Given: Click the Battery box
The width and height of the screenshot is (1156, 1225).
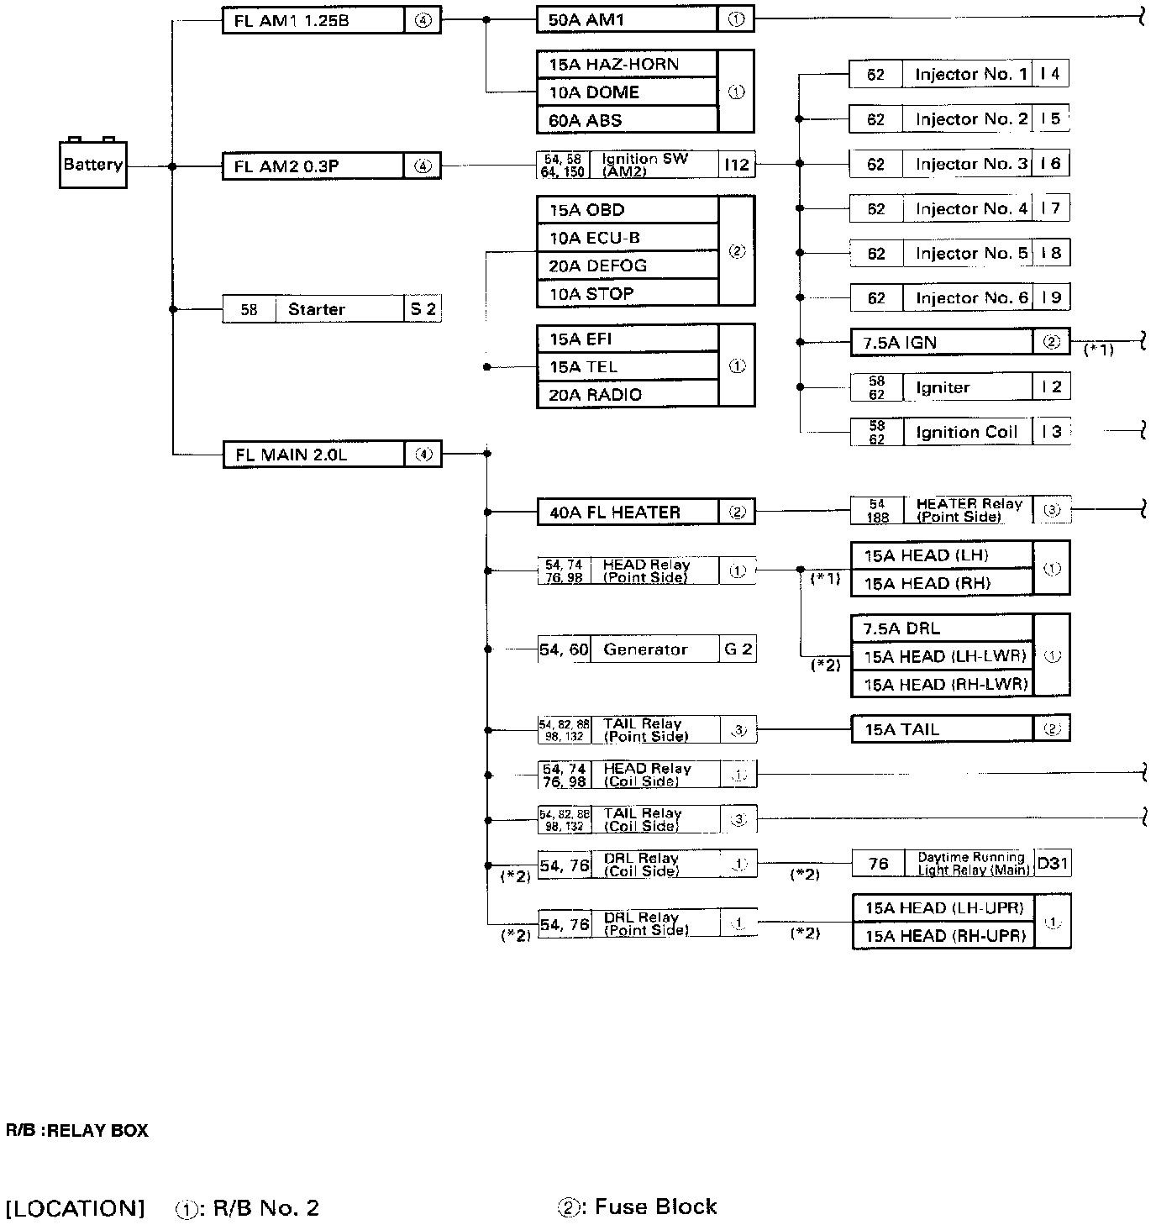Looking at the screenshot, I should pos(92,165).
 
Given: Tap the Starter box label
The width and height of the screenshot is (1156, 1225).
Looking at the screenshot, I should pos(316,309).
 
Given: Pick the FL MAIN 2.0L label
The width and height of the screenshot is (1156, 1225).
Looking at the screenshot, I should pos(291,455).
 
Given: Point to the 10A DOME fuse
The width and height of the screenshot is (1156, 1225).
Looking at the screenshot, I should pos(594,92).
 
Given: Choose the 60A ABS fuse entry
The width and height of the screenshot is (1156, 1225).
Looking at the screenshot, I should pos(586,120).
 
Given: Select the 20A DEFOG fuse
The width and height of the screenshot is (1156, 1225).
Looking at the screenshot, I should pos(597,266).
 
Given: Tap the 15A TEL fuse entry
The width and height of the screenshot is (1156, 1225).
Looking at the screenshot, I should pos(583,367).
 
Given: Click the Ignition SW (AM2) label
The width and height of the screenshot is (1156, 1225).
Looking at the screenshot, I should pos(644,165).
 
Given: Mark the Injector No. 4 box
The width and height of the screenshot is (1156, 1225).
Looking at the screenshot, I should pos(971,208).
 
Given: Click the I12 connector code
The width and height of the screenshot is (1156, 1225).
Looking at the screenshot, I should pos(737,165).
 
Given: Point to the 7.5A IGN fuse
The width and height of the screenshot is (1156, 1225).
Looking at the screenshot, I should pos(900,343).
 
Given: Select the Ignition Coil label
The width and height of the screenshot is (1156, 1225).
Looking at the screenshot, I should pos(966,433).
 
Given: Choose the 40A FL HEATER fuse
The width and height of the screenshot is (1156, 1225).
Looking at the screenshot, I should pos(615,513).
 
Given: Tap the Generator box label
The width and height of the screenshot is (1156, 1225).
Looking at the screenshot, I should pos(645,649).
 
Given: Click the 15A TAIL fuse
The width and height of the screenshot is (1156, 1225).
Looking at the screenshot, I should pos(901,730).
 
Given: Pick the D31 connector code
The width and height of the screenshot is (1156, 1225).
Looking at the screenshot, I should pos(1053,864).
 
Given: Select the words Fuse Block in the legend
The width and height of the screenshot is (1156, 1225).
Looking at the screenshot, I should pos(655,1207).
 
